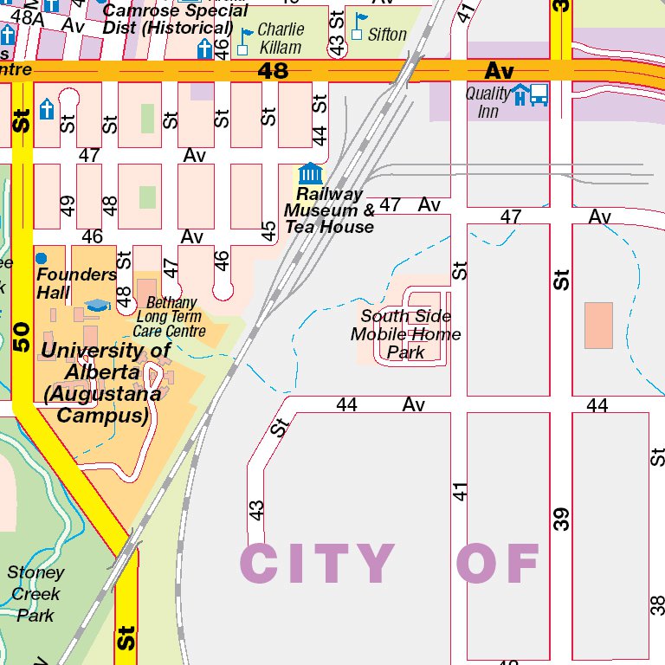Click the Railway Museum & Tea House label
click(x=329, y=210)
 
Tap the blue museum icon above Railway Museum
click(x=309, y=174)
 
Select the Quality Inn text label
click(x=487, y=102)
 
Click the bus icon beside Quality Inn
click(x=539, y=94)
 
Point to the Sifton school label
click(x=386, y=35)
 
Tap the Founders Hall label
click(x=76, y=283)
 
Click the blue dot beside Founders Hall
click(x=41, y=258)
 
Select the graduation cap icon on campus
click(x=98, y=306)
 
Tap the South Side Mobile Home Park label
click(x=405, y=334)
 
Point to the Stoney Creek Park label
click(x=36, y=594)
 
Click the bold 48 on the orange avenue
click(x=273, y=70)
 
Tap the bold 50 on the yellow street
click(x=22, y=338)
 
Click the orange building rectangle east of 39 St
click(x=598, y=326)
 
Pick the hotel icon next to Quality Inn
click(x=520, y=94)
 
